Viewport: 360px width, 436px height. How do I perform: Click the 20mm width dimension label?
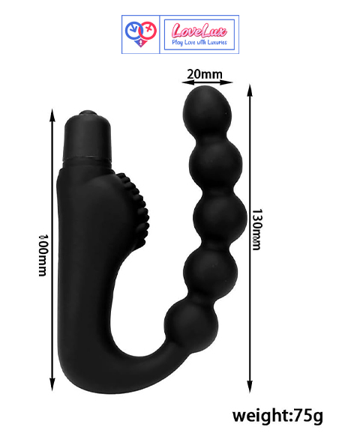point(205,74)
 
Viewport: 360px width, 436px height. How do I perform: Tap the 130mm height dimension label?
point(256,229)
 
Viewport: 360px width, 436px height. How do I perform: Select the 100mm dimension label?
point(43,255)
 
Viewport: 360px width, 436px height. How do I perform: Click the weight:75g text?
point(277,416)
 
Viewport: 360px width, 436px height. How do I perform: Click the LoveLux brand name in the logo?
point(199,30)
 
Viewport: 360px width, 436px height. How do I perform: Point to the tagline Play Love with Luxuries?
point(199,42)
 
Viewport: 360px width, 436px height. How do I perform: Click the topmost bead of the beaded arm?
point(207,110)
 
